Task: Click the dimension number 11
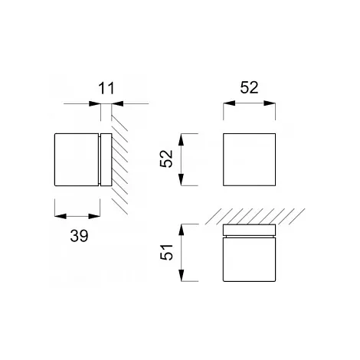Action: [x=106, y=88]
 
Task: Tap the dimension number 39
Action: [x=79, y=236]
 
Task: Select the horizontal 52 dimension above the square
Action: [x=249, y=87]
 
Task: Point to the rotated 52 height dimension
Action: [x=166, y=159]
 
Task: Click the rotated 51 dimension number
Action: [x=166, y=252]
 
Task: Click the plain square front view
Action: [x=249, y=159]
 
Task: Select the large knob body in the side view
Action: [x=77, y=159]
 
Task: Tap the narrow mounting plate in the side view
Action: [x=106, y=159]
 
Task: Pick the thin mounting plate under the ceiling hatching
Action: [x=249, y=230]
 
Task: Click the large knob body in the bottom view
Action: [x=249, y=260]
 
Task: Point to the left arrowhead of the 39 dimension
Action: [x=61, y=216]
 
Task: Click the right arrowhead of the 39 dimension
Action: [x=94, y=216]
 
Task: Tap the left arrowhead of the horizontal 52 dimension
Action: [x=229, y=103]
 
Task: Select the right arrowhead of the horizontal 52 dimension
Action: [x=270, y=103]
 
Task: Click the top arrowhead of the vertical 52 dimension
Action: [x=181, y=139]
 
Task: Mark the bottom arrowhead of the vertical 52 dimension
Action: [x=181, y=179]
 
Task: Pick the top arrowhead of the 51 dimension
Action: [x=181, y=231]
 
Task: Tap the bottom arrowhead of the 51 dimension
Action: [x=181, y=276]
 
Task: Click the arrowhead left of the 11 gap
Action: [x=95, y=103]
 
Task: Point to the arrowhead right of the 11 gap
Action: [x=117, y=103]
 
